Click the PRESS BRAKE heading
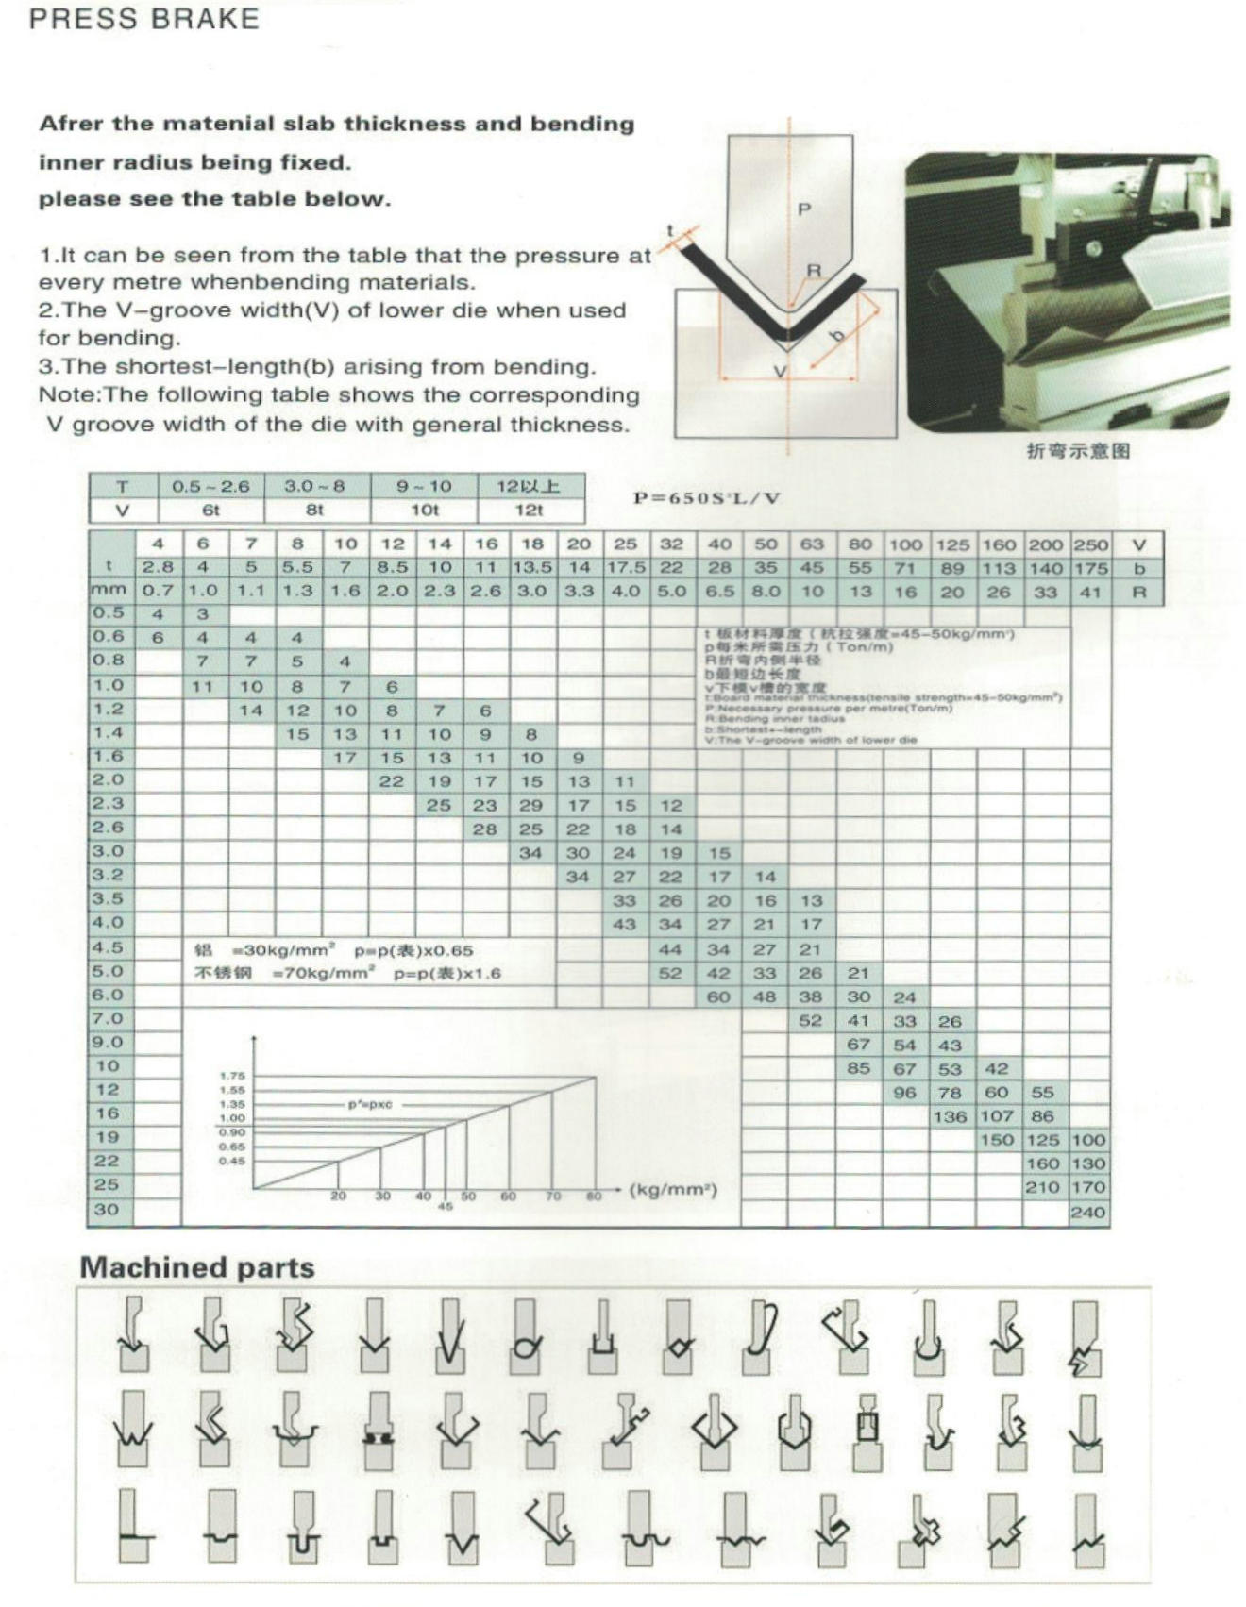click(143, 19)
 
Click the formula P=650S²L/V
click(706, 498)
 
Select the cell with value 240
click(1087, 1213)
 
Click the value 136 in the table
click(950, 1116)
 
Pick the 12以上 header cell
click(530, 487)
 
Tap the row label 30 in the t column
click(108, 1209)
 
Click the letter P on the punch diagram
click(803, 209)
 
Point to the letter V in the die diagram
click(780, 372)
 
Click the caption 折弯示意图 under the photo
click(1078, 451)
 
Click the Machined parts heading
click(196, 1267)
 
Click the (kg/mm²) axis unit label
click(673, 1190)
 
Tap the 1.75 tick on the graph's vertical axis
click(232, 1076)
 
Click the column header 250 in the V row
click(1090, 544)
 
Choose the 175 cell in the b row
click(1090, 568)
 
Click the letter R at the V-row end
click(1138, 593)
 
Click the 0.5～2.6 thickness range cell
click(210, 487)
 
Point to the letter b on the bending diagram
click(834, 335)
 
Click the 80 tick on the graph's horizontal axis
click(594, 1197)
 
